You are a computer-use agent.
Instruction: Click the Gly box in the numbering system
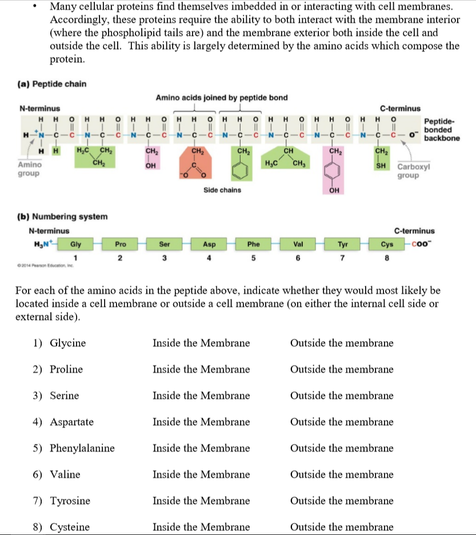click(x=75, y=244)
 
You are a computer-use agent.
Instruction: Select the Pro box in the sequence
click(x=120, y=244)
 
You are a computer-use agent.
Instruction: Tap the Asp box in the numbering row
click(x=209, y=244)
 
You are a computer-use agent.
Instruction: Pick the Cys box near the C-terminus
click(x=387, y=244)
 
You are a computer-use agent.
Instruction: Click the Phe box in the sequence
click(x=253, y=244)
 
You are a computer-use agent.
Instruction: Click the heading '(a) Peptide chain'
click(x=52, y=85)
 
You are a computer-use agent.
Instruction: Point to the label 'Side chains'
click(x=222, y=190)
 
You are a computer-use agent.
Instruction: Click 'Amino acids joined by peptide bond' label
click(x=222, y=97)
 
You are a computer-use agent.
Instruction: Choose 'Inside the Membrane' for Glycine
click(x=201, y=344)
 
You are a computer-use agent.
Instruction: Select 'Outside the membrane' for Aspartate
click(x=342, y=422)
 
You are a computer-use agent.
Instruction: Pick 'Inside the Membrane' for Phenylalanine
click(x=201, y=449)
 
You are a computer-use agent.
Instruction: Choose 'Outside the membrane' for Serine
click(x=342, y=396)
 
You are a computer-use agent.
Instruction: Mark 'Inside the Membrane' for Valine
click(x=201, y=475)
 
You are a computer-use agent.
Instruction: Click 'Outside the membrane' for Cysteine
click(x=342, y=527)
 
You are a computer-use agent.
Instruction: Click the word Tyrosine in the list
click(x=70, y=501)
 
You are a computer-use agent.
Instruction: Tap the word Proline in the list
click(x=66, y=370)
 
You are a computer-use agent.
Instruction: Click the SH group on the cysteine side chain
click(x=380, y=166)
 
